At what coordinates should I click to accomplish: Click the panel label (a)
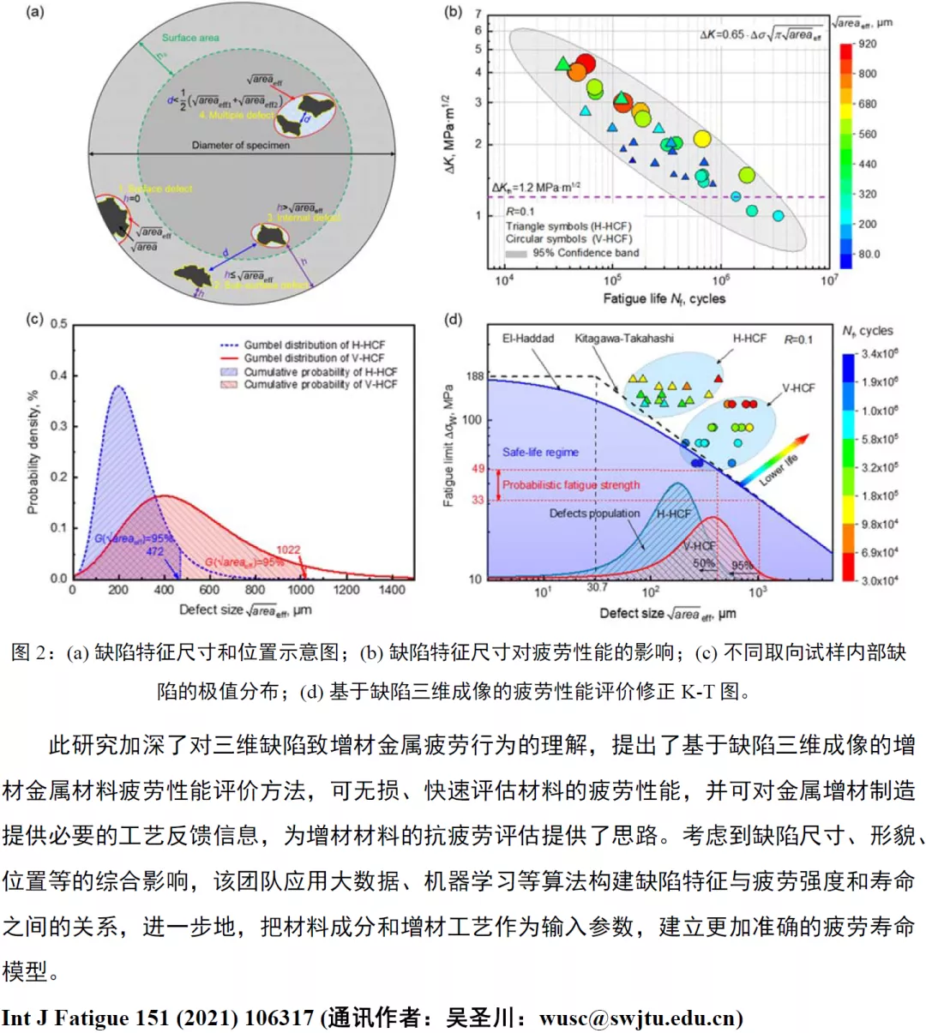click(x=35, y=12)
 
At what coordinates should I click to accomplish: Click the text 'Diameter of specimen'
click(x=240, y=145)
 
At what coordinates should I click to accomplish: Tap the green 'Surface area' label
click(x=190, y=38)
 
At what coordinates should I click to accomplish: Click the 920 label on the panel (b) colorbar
click(x=867, y=44)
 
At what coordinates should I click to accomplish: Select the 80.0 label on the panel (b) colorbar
click(x=869, y=254)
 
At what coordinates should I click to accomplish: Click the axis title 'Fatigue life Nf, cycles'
click(x=664, y=298)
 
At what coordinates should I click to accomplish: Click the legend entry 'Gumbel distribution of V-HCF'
click(x=314, y=358)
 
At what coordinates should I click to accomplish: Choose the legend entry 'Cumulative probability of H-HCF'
click(x=320, y=372)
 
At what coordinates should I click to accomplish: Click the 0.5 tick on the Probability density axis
click(x=58, y=324)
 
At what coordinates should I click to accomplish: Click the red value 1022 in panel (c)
click(x=288, y=550)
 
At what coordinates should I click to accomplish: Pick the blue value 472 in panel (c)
click(x=154, y=551)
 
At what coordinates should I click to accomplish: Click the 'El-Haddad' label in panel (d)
click(x=528, y=339)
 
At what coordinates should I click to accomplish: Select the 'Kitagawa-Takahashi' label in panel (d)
click(x=624, y=339)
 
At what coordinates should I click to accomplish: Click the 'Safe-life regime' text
click(x=540, y=452)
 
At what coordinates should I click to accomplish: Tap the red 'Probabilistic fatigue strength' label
click(x=571, y=485)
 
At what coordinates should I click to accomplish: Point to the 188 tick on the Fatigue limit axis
click(x=475, y=376)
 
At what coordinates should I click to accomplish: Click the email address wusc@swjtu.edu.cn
click(x=639, y=1018)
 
